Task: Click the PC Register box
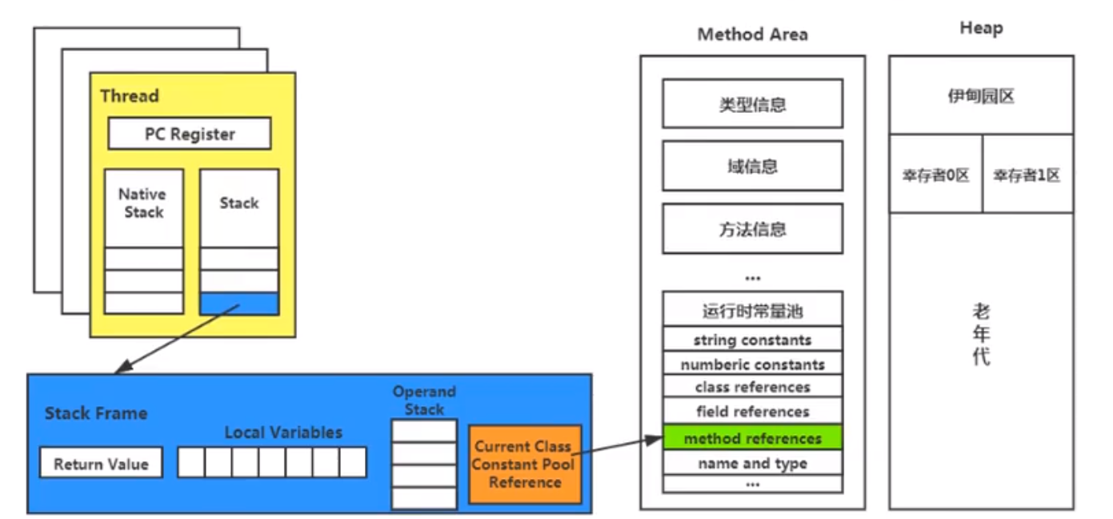tap(190, 134)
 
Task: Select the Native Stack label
tap(143, 203)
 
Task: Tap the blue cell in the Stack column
tap(238, 304)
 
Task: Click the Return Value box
tap(101, 464)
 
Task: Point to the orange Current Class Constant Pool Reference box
tap(524, 465)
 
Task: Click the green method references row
tap(752, 438)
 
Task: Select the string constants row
tap(752, 340)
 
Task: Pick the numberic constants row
tap(752, 364)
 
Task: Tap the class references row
tap(752, 387)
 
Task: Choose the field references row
tap(752, 412)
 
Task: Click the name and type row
tap(752, 463)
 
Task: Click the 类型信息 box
tap(752, 104)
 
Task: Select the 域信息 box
tap(752, 167)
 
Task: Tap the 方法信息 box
tap(752, 229)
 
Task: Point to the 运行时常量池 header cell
tap(752, 311)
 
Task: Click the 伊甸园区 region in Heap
tap(981, 97)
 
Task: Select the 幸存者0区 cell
tap(935, 175)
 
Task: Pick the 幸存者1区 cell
tap(1027, 175)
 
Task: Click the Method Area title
tap(752, 34)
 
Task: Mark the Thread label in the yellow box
tap(130, 96)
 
